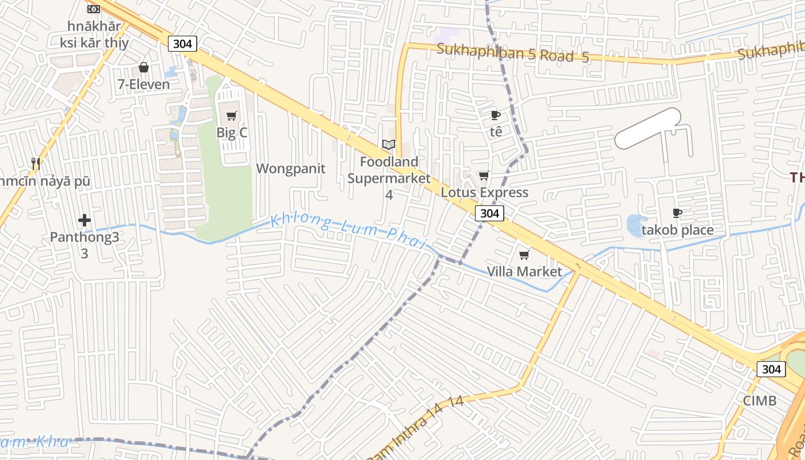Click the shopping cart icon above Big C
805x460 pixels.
232,116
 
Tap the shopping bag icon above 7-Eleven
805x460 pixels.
144,68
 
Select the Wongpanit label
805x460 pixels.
290,168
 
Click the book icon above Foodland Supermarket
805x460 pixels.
389,145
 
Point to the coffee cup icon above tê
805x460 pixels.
496,116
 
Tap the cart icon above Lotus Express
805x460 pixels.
484,176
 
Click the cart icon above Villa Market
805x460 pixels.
524,255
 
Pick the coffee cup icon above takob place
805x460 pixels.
677,213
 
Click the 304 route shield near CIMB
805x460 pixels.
770,369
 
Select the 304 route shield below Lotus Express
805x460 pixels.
489,213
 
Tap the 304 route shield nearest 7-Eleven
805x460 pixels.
183,44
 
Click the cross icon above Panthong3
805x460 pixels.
85,220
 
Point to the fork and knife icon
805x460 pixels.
36,164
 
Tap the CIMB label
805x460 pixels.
760,401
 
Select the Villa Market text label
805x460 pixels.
524,271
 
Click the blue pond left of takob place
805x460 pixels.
637,225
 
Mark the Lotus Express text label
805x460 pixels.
484,192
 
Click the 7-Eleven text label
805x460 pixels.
144,85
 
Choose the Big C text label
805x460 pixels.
232,133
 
